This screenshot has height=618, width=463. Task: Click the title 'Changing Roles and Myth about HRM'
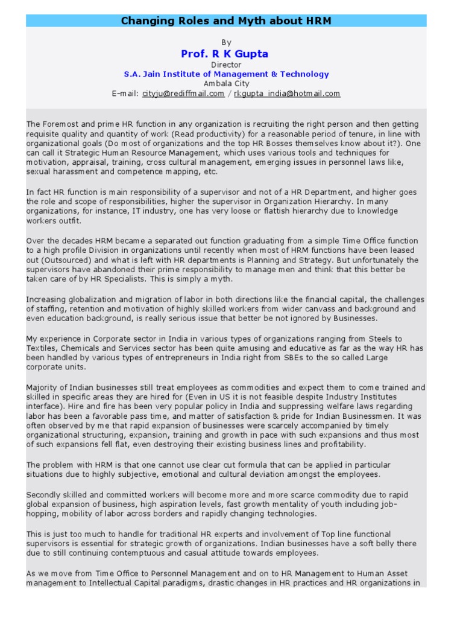226,21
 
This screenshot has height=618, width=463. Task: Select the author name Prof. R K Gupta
225,54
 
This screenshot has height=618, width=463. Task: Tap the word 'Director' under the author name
226,65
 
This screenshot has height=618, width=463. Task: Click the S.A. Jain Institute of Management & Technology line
226,74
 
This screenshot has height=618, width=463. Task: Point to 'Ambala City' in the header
226,84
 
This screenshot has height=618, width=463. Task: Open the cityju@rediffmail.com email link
183,94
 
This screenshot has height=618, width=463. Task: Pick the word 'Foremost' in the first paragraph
60,124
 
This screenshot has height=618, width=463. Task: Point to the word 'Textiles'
40,348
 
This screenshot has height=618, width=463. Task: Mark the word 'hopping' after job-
43,514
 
